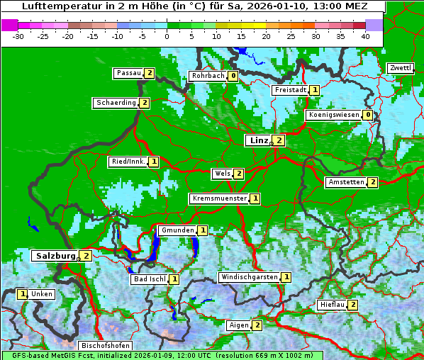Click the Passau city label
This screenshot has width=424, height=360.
point(129,73)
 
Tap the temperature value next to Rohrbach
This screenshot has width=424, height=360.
point(233,76)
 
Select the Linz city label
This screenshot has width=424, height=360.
point(258,140)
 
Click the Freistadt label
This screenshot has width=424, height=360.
point(290,90)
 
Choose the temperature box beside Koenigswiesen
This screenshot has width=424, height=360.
point(367,115)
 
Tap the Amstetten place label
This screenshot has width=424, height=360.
point(345,182)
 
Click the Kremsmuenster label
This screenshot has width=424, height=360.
point(219,198)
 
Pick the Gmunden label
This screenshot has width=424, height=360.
point(177,230)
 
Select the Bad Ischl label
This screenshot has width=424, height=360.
point(150,279)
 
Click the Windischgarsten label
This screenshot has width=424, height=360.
point(249,277)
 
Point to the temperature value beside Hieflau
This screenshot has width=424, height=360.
point(352,305)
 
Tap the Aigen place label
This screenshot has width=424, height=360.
point(239,325)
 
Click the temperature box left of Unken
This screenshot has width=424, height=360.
point(23,294)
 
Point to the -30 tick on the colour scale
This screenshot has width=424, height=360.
point(18,35)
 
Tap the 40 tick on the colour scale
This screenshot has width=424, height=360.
point(365,35)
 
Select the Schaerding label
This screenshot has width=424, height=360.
point(116,103)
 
